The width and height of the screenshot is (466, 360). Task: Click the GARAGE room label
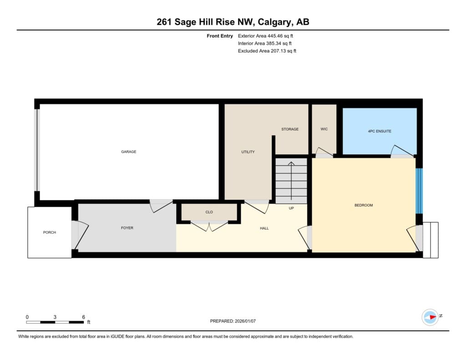coord(129,152)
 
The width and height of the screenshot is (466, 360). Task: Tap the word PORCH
coord(49,233)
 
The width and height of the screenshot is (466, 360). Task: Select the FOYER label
coord(127,228)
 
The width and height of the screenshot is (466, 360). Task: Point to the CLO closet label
coord(209,212)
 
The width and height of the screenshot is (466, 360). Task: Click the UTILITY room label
coord(248,152)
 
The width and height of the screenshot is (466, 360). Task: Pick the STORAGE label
coord(290,129)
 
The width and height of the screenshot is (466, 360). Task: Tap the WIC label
coord(324,129)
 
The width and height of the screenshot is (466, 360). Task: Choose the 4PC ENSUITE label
coord(380,131)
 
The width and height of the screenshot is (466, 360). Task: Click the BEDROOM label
coord(364,205)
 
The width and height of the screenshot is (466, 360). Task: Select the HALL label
coord(264,228)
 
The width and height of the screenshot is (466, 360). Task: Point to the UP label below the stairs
coord(291,208)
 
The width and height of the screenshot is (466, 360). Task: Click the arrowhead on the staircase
coord(291,163)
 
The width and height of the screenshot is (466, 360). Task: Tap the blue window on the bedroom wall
coord(419,191)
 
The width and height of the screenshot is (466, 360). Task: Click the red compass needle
coord(433,317)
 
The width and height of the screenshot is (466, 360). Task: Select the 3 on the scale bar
coord(55,317)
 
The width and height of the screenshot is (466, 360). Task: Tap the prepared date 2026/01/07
coord(245,321)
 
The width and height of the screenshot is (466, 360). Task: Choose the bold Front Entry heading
coord(220,36)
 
